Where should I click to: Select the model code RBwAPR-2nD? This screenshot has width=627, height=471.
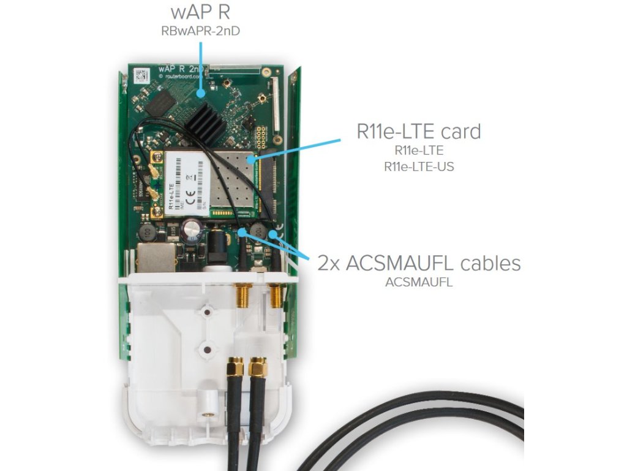pyautogui.click(x=199, y=29)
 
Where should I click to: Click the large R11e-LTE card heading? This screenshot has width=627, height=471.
pyautogui.click(x=418, y=132)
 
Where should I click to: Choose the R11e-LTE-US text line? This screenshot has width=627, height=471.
pyautogui.click(x=419, y=166)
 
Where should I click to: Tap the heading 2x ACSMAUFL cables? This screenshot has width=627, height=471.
pyautogui.click(x=419, y=264)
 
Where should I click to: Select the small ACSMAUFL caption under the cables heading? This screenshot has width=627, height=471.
pyautogui.click(x=419, y=283)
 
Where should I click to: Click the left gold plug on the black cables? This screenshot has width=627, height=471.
pyautogui.click(x=233, y=367)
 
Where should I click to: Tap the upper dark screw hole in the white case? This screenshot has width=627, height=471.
pyautogui.click(x=207, y=313)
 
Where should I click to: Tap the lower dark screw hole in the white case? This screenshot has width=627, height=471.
pyautogui.click(x=207, y=350)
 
